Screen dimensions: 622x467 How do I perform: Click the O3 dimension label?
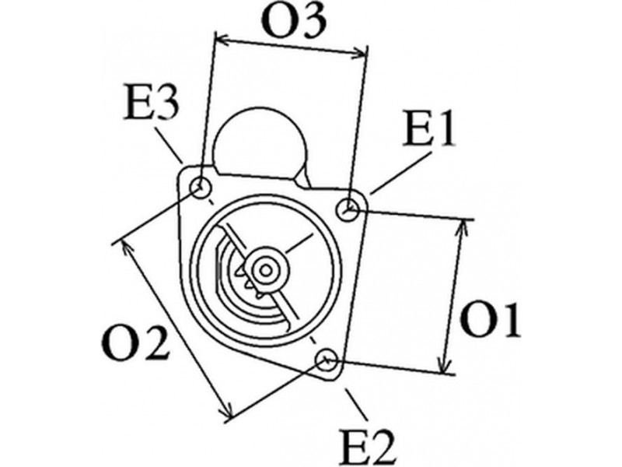point(295,22)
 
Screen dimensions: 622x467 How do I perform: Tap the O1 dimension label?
point(491,321)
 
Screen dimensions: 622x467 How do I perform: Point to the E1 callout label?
point(428,128)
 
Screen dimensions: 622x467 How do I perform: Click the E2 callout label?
point(368,447)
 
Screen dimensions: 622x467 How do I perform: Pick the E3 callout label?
point(151,103)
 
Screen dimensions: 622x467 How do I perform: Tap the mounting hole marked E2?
point(327,360)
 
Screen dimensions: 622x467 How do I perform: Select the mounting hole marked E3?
point(201,188)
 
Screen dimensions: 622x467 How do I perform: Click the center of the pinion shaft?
point(265,271)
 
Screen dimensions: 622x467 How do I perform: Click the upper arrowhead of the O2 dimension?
point(127,247)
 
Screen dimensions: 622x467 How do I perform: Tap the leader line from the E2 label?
point(356,404)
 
